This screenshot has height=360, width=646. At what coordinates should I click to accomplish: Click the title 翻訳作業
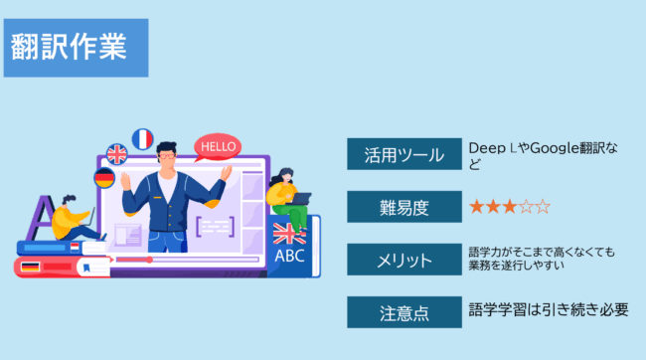click(70, 47)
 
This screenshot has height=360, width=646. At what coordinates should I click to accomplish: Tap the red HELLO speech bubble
click(218, 147)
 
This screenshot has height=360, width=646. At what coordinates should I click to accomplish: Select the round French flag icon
click(143, 138)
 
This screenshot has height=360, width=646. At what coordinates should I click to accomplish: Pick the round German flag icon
click(104, 178)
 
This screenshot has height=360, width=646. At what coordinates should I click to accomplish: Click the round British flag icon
click(117, 154)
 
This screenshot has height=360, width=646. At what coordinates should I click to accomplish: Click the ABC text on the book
click(290, 255)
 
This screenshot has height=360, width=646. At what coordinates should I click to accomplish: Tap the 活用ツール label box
click(403, 154)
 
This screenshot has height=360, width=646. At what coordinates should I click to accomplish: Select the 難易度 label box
click(403, 207)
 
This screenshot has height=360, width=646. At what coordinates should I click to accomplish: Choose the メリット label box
click(403, 261)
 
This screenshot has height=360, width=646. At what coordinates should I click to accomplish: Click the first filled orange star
click(477, 207)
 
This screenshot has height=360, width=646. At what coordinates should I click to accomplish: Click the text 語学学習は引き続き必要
click(549, 310)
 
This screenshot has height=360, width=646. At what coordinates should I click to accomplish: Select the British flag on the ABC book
click(289, 235)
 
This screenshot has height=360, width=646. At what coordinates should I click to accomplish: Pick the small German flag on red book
click(30, 266)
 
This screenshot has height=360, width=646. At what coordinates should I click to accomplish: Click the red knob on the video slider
click(150, 261)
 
